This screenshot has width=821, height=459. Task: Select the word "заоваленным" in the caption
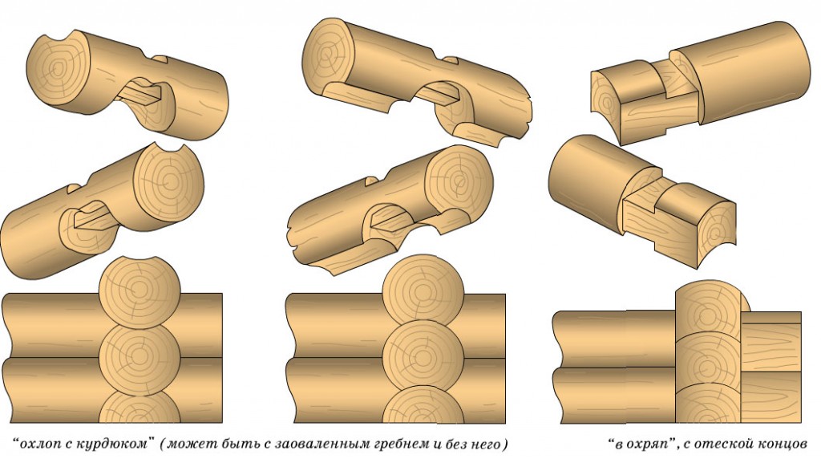(x=320, y=445)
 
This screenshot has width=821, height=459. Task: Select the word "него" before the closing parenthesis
(x=485, y=445)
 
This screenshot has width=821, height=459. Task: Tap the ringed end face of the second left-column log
(x=168, y=181)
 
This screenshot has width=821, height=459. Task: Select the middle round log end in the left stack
(x=140, y=357)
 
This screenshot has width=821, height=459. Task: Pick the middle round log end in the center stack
(x=423, y=355)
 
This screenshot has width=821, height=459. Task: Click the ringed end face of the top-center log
(x=330, y=52)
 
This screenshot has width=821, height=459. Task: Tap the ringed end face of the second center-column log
(x=458, y=181)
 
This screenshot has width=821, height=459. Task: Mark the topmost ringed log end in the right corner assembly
(x=708, y=315)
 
